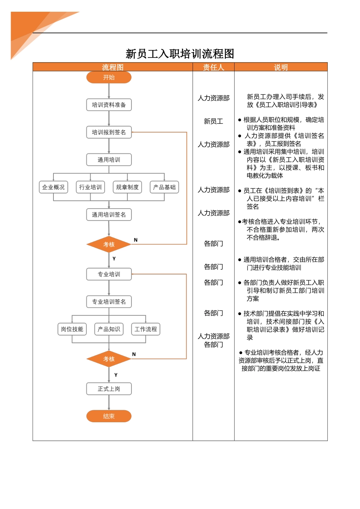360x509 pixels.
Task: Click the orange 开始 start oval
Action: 109,77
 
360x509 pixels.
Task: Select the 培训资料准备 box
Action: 109,105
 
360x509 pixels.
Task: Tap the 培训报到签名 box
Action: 109,132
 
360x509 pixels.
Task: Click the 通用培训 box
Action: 109,160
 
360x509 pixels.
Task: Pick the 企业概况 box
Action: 53,187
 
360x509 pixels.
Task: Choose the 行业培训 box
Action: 90,187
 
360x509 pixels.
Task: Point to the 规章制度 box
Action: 127,187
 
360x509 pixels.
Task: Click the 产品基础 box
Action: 164,187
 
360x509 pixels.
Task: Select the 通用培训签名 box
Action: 109,215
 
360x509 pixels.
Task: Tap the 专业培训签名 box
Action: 109,302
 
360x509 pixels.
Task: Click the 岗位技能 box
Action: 72,329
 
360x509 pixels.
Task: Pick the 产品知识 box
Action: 109,329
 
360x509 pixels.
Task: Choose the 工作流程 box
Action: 146,329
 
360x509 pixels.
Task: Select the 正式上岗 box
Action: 109,389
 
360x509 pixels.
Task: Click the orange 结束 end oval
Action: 109,416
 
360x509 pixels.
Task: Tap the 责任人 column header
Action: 213,67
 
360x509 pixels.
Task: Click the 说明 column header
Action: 281,67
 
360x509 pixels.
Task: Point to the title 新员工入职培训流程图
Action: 180,54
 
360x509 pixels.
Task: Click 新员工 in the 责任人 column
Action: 213,121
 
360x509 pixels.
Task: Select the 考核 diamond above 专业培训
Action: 109,244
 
